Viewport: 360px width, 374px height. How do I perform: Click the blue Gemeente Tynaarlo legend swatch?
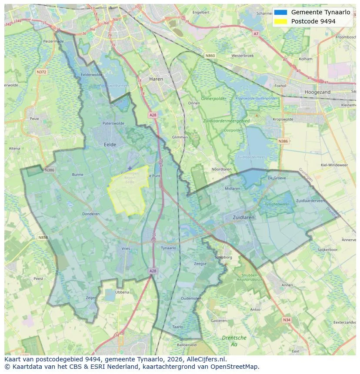click(x=280, y=12)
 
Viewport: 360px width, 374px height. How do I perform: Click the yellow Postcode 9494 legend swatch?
click(x=280, y=21)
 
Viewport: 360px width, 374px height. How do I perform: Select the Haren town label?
click(x=156, y=79)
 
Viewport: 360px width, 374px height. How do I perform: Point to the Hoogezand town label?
click(x=317, y=92)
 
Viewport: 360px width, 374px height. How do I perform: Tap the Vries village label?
click(x=126, y=248)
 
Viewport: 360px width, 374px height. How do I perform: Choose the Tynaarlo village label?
click(x=168, y=248)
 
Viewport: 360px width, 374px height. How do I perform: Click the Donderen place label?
click(x=91, y=214)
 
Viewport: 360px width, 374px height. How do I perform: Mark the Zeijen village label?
click(x=91, y=298)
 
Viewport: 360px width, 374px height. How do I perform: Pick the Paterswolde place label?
click(x=113, y=123)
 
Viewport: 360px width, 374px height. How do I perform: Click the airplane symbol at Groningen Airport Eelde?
click(x=130, y=168)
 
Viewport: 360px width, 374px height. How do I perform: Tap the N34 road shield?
click(x=286, y=320)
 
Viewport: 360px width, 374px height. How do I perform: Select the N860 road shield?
click(x=210, y=56)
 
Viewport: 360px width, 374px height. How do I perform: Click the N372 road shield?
click(x=42, y=72)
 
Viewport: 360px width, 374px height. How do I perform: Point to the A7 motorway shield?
click(x=256, y=33)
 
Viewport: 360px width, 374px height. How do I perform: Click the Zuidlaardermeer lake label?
click(x=250, y=157)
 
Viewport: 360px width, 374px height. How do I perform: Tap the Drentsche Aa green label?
click(x=234, y=341)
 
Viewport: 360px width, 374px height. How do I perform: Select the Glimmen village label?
click(x=180, y=137)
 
